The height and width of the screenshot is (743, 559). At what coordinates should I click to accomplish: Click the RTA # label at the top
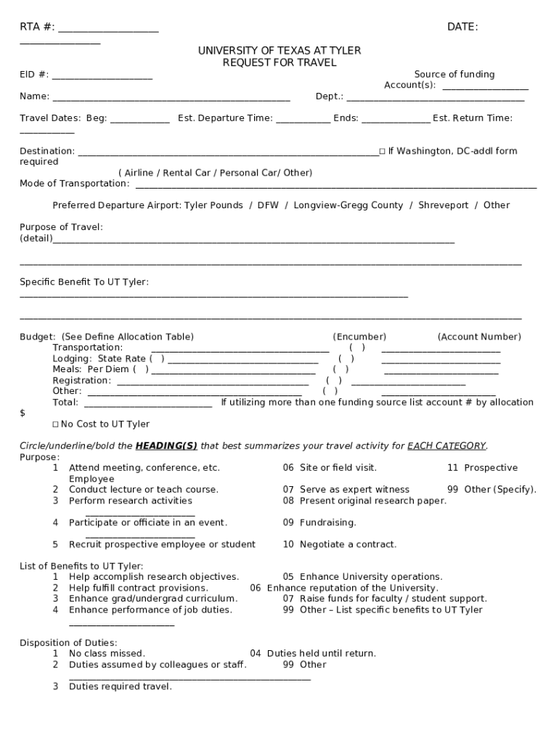point(36,28)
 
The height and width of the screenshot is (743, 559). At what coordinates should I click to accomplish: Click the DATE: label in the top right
point(462,28)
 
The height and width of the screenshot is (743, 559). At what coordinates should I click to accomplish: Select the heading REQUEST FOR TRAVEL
point(279,63)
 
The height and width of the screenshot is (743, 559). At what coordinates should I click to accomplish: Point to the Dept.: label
point(329,97)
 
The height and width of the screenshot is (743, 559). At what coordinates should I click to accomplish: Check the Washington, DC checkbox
point(382,152)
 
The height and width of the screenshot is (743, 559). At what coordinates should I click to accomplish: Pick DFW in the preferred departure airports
point(268,205)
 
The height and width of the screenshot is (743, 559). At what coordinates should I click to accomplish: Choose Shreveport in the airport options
point(443,205)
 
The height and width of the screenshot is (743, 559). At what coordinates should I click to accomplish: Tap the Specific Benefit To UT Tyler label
point(83,282)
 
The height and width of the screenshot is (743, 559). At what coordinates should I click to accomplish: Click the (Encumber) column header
point(359,337)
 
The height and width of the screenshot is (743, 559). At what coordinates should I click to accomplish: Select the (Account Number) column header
point(479,337)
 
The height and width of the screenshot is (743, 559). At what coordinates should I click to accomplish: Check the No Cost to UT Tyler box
point(55,424)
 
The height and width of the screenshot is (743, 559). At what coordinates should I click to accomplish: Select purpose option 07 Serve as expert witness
point(346,490)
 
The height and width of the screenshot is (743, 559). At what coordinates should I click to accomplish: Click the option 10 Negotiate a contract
point(339,544)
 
